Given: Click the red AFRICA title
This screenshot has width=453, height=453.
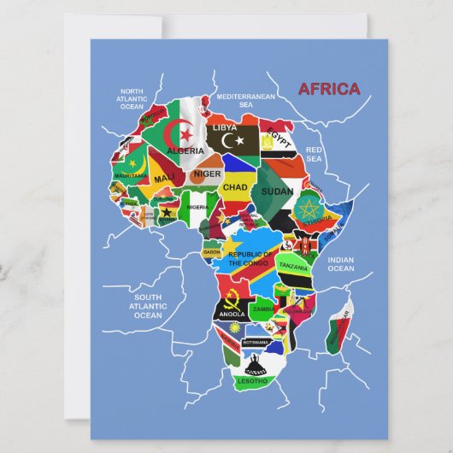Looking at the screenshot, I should (x=328, y=90).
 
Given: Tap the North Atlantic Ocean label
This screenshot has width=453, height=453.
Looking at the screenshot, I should (x=132, y=98).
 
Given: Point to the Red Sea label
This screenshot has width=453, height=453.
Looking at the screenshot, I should (x=314, y=154).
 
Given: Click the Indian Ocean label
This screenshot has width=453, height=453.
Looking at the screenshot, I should (x=340, y=264).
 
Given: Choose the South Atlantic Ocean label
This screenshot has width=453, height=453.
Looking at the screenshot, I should (x=147, y=306).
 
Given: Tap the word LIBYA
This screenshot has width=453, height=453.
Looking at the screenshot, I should (x=226, y=127).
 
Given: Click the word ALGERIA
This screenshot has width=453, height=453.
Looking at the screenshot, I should (x=185, y=150).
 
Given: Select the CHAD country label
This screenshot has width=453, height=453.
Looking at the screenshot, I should (x=235, y=186).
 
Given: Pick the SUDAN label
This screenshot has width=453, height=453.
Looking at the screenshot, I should (x=277, y=191).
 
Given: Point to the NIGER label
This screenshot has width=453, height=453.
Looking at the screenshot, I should (x=206, y=174).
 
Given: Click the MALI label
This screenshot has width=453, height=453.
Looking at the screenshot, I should (x=164, y=179).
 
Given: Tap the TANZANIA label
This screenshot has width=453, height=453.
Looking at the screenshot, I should (x=293, y=267).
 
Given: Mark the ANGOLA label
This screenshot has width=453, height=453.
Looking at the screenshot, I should (x=232, y=314).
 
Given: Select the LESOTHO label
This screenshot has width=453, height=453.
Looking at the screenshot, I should (x=252, y=380).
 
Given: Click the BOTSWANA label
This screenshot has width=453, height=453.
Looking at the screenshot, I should (x=255, y=342).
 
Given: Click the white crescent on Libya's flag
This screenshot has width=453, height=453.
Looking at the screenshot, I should (x=227, y=139).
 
